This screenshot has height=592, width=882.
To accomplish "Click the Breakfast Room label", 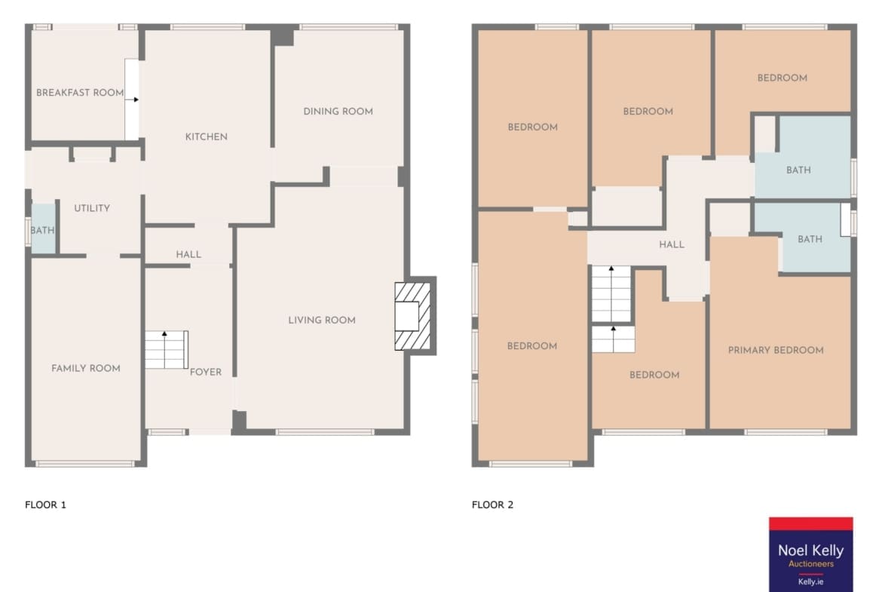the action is [x=80, y=93].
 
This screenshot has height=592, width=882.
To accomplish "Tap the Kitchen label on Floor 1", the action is [x=207, y=136].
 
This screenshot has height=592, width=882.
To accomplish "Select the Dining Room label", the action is [x=338, y=112].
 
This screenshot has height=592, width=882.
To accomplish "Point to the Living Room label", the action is [x=322, y=321].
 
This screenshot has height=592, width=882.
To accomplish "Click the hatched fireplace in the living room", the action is [x=413, y=316].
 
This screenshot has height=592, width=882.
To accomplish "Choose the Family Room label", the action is [x=86, y=369].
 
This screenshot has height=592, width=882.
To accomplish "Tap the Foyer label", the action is [x=206, y=372].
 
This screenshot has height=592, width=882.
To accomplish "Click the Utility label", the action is [x=92, y=208].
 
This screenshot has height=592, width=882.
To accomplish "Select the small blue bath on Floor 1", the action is [x=43, y=229].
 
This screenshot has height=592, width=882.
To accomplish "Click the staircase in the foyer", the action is [x=167, y=349].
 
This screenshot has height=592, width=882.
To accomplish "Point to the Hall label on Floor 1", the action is [x=188, y=254].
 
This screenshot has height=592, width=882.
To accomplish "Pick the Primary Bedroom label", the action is [x=776, y=350].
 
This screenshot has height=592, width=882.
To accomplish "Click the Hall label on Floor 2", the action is [x=672, y=245].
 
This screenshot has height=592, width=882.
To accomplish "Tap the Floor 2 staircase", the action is [x=613, y=309].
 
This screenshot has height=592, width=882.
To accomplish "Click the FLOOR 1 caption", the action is [x=45, y=505].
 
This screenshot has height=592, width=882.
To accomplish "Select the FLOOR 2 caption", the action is [x=493, y=505].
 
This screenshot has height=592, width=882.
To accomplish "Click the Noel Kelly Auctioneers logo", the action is [x=810, y=554].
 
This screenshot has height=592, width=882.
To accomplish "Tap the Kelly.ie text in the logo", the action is [x=810, y=582].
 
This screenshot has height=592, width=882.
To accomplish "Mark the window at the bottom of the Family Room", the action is [x=85, y=465].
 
